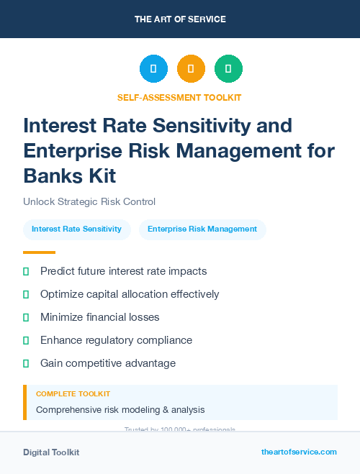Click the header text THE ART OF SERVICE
point(179,19)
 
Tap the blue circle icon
point(153,69)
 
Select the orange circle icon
point(191,69)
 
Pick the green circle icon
point(228,69)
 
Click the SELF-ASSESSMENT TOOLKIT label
point(179,97)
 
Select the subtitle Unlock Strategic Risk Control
point(89,201)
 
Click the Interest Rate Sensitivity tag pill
point(77,229)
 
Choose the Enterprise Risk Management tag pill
point(202,229)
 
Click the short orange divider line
point(39,252)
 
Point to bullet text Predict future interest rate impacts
point(123,271)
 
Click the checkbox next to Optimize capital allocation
point(26,294)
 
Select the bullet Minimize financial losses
point(99,317)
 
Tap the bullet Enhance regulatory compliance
point(116,340)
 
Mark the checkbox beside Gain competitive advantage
point(26,363)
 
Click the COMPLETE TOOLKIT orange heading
point(73,394)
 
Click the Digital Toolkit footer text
point(51,452)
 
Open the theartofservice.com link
point(299,452)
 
